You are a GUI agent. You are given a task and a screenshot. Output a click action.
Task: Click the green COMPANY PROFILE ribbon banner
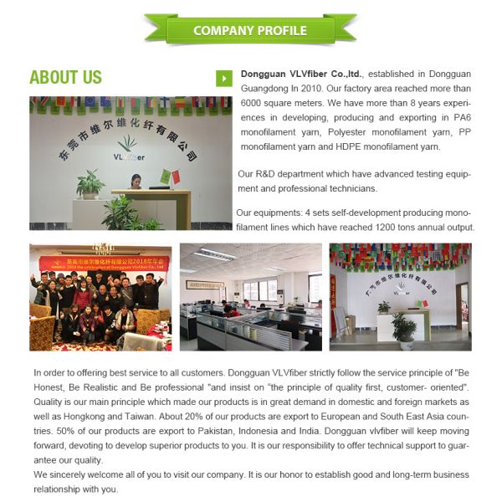click(250, 30)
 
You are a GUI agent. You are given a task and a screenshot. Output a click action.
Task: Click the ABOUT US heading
click(65, 78)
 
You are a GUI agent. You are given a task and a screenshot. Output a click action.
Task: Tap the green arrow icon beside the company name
click(223, 78)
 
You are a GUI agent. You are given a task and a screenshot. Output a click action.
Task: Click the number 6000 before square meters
click(254, 103)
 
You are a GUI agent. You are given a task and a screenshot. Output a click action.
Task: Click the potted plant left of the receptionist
click(90, 184)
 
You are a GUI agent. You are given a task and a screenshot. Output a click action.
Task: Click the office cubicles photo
click(250, 296)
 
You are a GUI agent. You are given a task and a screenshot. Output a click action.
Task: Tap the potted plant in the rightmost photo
click(405, 330)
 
